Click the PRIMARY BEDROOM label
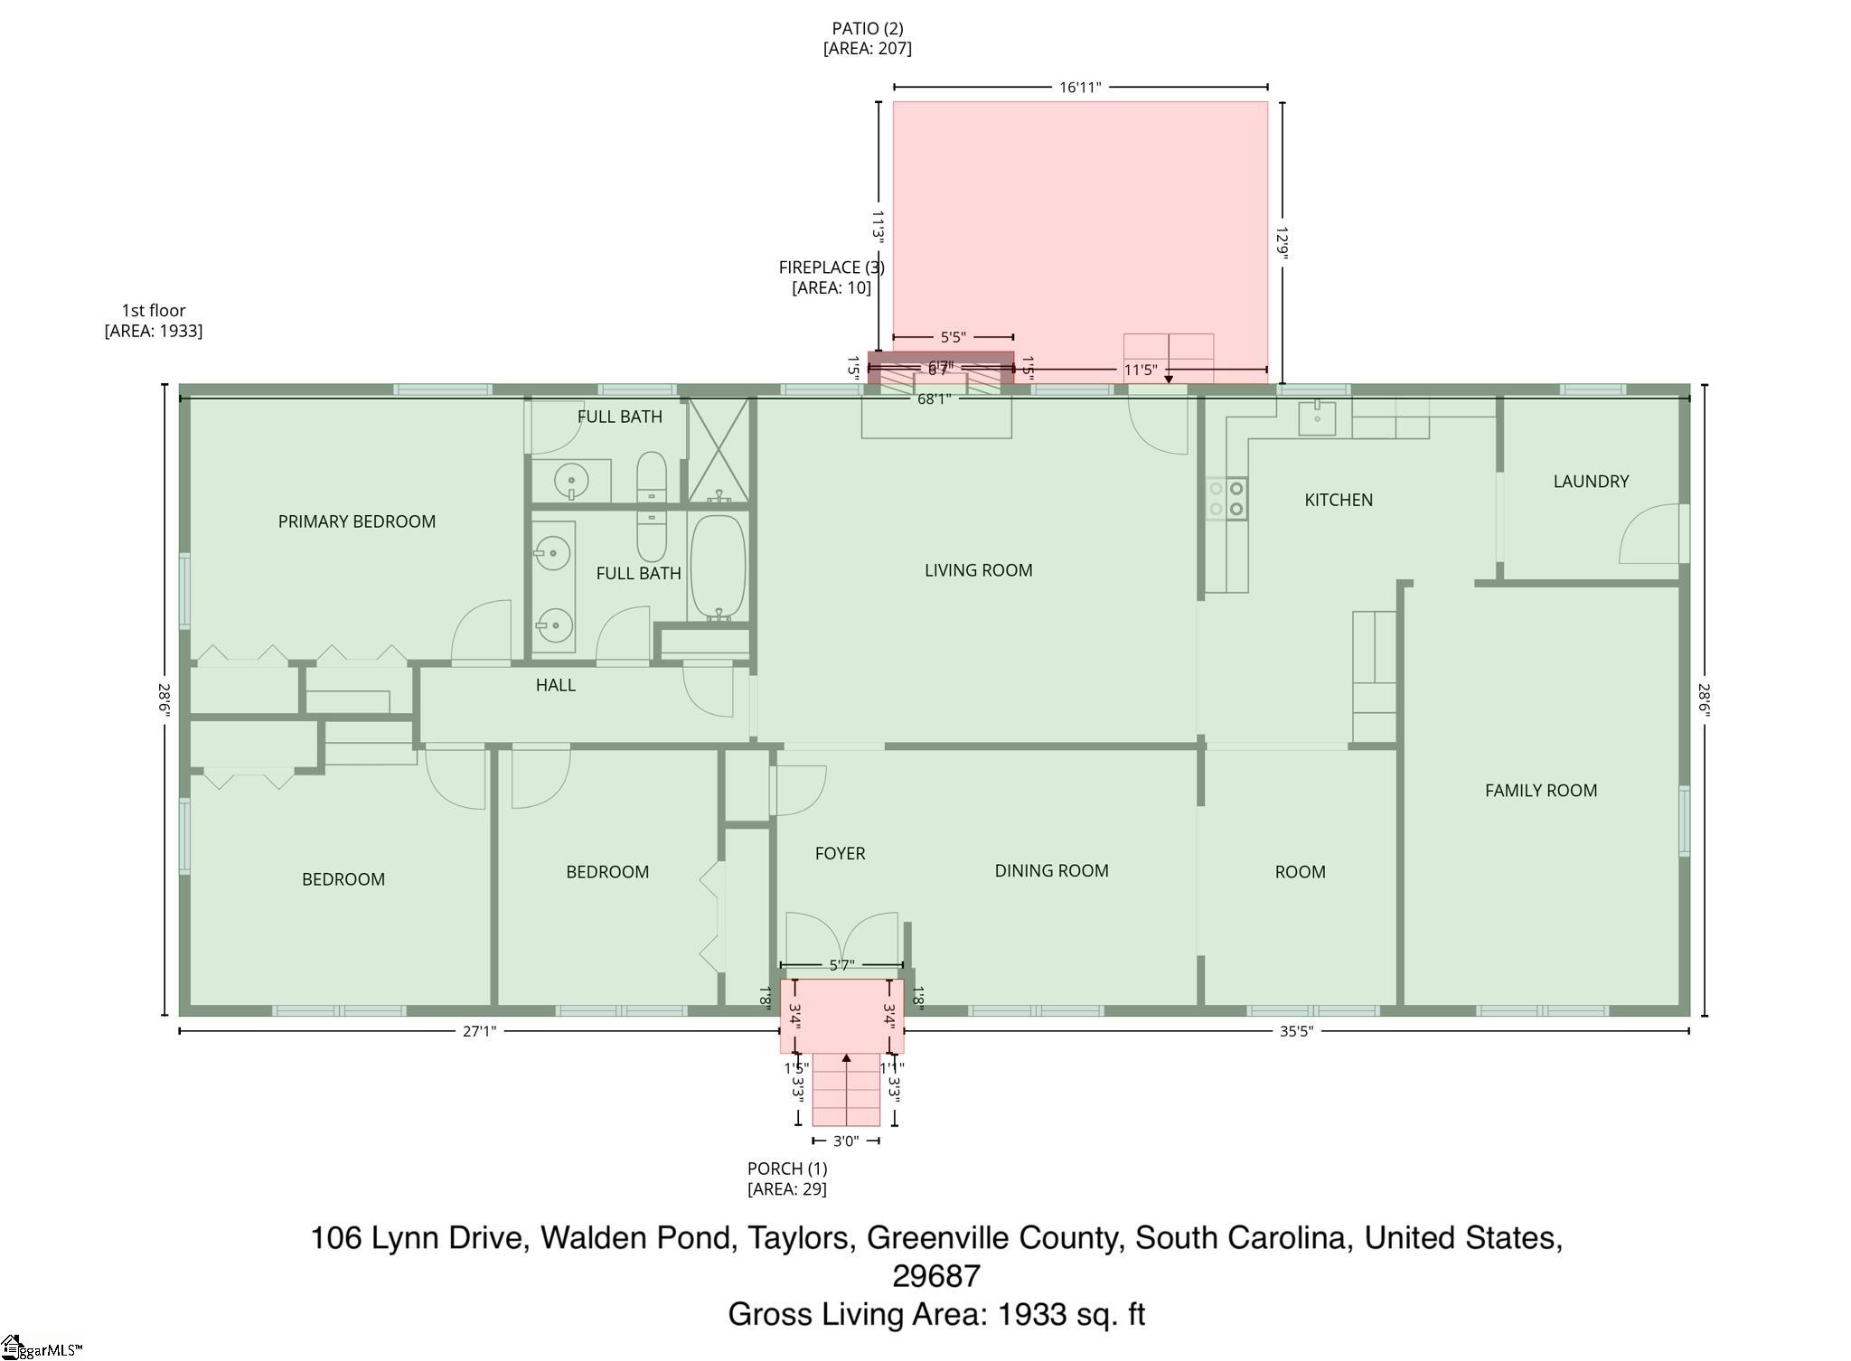pyautogui.click(x=356, y=521)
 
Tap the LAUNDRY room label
pyautogui.click(x=1591, y=482)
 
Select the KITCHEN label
pyautogui.click(x=1338, y=500)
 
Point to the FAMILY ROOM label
pyautogui.click(x=1540, y=791)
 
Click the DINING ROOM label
pyautogui.click(x=1051, y=870)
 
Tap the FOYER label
pyautogui.click(x=840, y=853)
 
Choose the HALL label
pyautogui.click(x=555, y=685)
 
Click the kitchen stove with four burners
pyautogui.click(x=1226, y=499)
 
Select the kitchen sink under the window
pyautogui.click(x=1317, y=418)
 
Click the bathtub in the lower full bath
pyautogui.click(x=718, y=568)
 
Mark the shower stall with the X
pyautogui.click(x=719, y=449)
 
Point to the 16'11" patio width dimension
pyautogui.click(x=1080, y=88)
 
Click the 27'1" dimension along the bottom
pyautogui.click(x=479, y=1031)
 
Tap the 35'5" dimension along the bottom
pyautogui.click(x=1295, y=1031)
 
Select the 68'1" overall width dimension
pyautogui.click(x=934, y=399)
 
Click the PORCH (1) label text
pyautogui.click(x=786, y=1169)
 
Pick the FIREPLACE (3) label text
pyautogui.click(x=832, y=268)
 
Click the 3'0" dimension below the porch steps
pyautogui.click(x=845, y=1141)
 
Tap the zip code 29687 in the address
pyautogui.click(x=935, y=1276)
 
